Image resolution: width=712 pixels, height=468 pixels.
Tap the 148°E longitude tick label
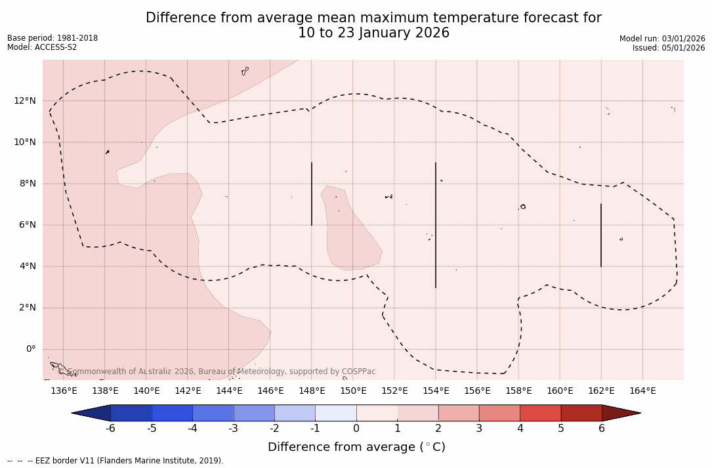click(x=312, y=391)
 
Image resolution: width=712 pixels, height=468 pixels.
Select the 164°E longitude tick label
click(x=642, y=391)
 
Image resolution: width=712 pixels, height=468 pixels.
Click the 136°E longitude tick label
click(x=64, y=391)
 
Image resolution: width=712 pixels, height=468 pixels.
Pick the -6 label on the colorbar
click(x=110, y=429)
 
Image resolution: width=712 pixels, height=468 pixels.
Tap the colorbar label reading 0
click(x=356, y=429)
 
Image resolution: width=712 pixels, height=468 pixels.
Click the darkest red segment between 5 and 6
click(x=581, y=413)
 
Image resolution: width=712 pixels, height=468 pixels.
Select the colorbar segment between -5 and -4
click(x=172, y=413)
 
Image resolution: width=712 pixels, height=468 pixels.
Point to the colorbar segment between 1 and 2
click(x=418, y=413)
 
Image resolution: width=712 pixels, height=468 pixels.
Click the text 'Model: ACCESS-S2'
click(x=42, y=47)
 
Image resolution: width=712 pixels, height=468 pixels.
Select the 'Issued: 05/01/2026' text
click(x=669, y=48)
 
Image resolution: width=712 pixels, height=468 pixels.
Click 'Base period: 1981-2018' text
click(x=52, y=38)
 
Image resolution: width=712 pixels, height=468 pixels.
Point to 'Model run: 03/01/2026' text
click(x=662, y=39)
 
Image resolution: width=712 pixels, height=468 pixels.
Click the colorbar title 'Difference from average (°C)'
click(x=356, y=447)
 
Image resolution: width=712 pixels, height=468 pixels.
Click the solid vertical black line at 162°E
click(x=601, y=235)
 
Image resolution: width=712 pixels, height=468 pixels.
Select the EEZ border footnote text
click(x=115, y=461)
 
